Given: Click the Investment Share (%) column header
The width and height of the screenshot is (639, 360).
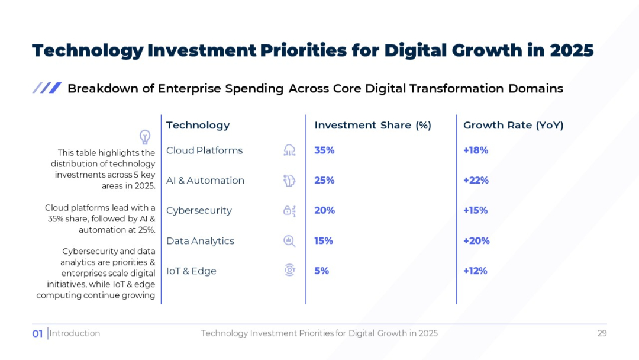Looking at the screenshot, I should (373, 125).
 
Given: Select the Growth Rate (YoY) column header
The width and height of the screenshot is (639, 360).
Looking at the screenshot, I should (513, 125).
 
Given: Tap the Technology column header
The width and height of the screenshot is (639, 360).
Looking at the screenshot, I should (198, 125).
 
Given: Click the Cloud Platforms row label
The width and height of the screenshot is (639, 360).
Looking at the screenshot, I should (204, 150).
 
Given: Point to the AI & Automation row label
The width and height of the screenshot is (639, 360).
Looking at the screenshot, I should (205, 181).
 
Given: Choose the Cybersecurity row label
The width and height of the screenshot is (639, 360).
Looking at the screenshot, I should (199, 211).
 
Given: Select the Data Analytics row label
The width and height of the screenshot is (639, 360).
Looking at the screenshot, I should (200, 241).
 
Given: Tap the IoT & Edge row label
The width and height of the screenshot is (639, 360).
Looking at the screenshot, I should (191, 271).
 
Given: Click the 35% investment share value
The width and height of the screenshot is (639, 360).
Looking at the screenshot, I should (324, 150).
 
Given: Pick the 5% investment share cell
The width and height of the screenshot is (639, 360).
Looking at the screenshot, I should (321, 271).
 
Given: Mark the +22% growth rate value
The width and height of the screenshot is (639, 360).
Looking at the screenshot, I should (476, 181).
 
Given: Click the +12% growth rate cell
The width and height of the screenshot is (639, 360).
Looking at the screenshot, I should (475, 271).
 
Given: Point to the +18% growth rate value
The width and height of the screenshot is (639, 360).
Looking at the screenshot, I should (475, 150).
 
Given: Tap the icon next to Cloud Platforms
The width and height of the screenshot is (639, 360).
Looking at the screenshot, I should (289, 150).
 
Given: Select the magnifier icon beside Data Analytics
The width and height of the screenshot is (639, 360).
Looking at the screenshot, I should (289, 241).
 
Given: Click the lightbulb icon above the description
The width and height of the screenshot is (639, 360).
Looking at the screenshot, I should (144, 137).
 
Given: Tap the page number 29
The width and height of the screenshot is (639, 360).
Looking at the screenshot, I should (602, 333).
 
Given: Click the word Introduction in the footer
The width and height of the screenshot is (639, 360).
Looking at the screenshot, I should (75, 333).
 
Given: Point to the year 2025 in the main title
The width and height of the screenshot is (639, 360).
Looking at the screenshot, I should (571, 50).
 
